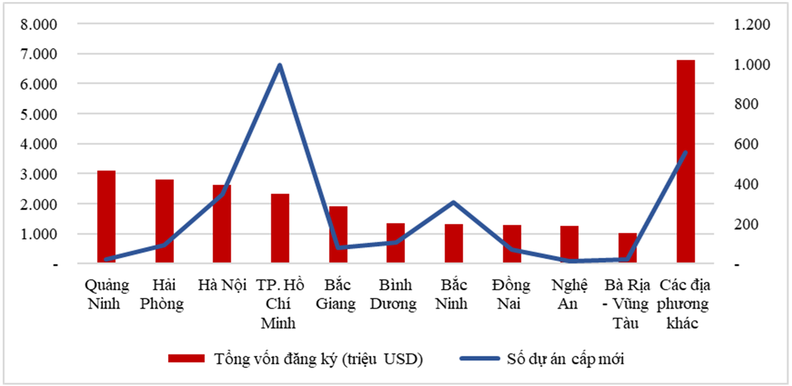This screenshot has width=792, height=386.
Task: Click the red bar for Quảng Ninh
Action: [106, 217]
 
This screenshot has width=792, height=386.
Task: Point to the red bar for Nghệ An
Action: [569, 244]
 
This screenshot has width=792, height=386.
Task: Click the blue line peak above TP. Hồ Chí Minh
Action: [280, 65]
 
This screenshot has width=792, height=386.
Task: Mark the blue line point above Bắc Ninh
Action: [454, 202]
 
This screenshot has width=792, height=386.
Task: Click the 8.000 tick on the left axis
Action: [39, 24]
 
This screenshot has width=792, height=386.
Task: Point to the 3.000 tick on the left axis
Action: [39, 174]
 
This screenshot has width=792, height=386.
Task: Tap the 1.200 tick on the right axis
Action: [752, 24]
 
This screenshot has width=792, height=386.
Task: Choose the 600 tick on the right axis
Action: [746, 144]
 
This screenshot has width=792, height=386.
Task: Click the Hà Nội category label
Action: [222, 285]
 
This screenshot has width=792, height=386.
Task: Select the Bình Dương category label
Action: [394, 294]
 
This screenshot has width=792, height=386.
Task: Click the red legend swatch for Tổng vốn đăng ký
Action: [186, 359]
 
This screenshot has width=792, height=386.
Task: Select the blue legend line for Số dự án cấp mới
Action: [479, 359]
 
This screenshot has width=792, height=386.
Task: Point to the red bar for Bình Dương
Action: [396, 243]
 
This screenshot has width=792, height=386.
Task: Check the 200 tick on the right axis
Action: [746, 224]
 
